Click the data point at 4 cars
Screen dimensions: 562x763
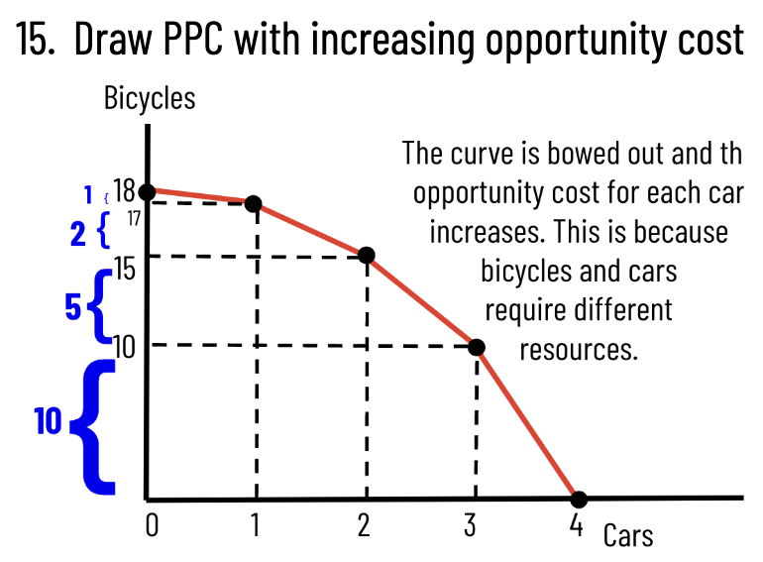click(x=579, y=499)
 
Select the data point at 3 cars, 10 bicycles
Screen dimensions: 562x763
click(x=476, y=347)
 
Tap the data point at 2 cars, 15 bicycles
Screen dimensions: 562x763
click(x=366, y=255)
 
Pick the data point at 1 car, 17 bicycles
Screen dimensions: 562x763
click(x=253, y=203)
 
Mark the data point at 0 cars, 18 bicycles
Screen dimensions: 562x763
click(x=147, y=191)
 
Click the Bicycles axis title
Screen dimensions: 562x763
click(x=149, y=99)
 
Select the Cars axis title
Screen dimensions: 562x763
click(x=628, y=536)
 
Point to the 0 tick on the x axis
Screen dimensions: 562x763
click(x=151, y=524)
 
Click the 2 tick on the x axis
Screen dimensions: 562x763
click(x=364, y=524)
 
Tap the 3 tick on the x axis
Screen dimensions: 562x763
click(x=470, y=524)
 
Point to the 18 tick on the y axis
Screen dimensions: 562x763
click(x=124, y=191)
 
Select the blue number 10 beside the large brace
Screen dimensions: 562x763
click(x=48, y=422)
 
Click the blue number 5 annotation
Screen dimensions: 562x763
click(x=72, y=307)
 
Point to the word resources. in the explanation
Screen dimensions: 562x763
click(x=578, y=349)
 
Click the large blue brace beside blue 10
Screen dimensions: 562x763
click(x=95, y=426)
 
